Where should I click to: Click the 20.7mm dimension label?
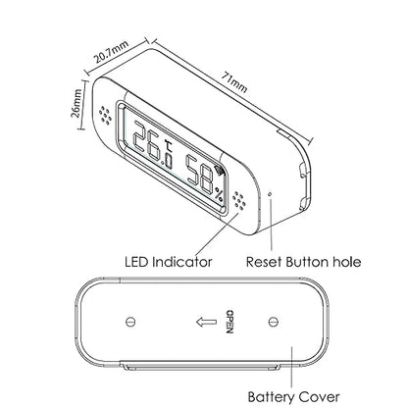point(110,52)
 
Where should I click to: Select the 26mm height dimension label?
point(76,104)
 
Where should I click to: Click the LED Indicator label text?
point(169,262)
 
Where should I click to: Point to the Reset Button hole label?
point(303,262)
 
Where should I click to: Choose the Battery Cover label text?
point(293,397)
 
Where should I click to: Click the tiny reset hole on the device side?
point(270,194)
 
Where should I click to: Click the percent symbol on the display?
point(220,194)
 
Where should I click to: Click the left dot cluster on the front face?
point(106,115)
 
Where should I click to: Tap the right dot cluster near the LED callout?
point(239,200)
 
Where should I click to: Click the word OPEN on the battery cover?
point(229,322)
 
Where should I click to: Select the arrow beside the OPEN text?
point(206,322)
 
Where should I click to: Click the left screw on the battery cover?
point(130,322)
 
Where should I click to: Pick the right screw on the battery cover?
point(273,322)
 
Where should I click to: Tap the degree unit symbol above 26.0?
point(169,146)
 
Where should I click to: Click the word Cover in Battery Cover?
point(319,397)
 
